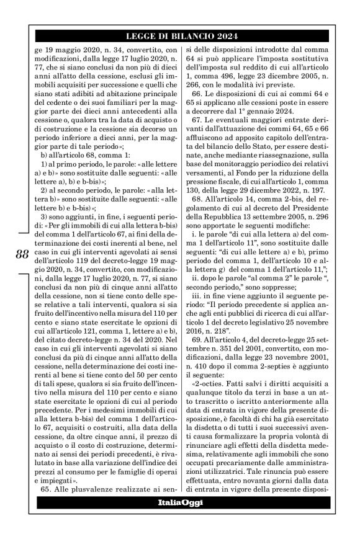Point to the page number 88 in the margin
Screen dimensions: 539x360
pos(22,253)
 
